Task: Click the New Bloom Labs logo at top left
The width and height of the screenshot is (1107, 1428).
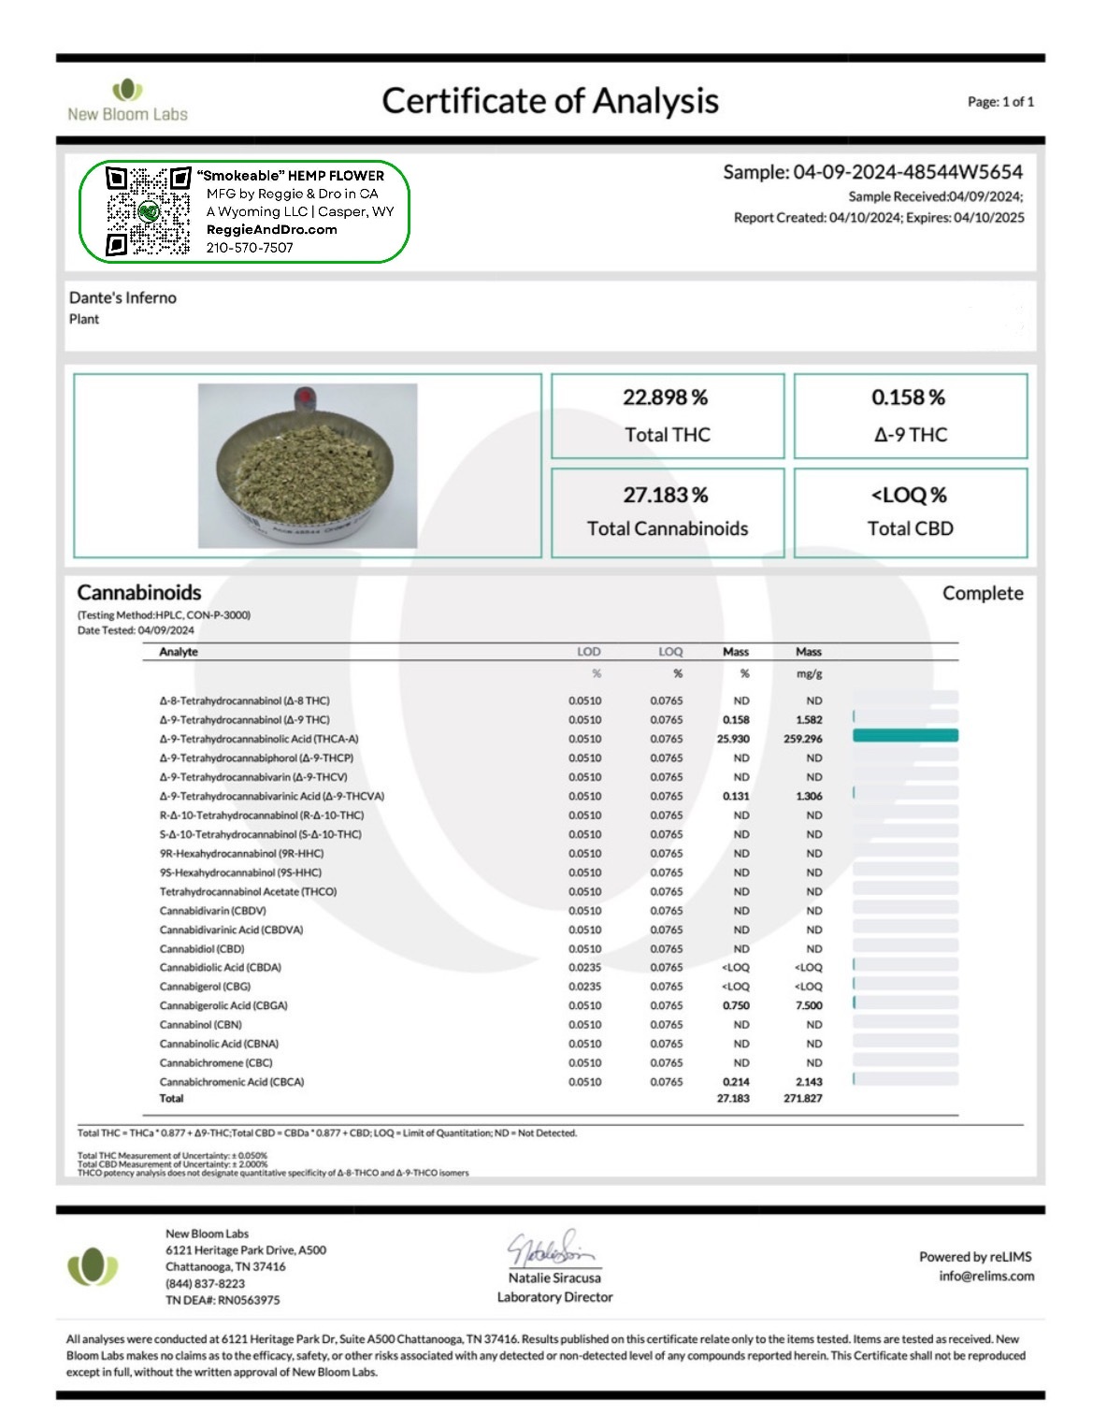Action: pyautogui.click(x=127, y=101)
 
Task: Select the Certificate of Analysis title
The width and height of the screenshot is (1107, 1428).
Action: pyautogui.click(x=550, y=101)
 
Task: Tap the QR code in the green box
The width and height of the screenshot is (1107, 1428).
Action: pyautogui.click(x=148, y=211)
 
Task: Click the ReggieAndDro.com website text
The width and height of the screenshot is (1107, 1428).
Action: pyautogui.click(x=271, y=230)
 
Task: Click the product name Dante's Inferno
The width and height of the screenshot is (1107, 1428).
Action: pyautogui.click(x=122, y=297)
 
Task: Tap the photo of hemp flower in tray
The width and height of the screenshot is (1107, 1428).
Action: pyautogui.click(x=308, y=465)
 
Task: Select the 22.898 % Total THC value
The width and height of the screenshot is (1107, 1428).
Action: pyautogui.click(x=666, y=397)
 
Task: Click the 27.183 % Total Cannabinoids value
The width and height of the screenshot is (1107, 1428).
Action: pyautogui.click(x=666, y=495)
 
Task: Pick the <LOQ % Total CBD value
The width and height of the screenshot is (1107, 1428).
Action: pyautogui.click(x=909, y=495)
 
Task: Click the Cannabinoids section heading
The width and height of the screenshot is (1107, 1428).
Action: pyautogui.click(x=139, y=593)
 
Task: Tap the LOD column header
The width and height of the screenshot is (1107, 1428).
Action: pyautogui.click(x=589, y=652)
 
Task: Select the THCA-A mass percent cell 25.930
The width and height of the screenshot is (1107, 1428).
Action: pyautogui.click(x=733, y=739)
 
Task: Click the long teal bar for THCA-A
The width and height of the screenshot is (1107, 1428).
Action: pyautogui.click(x=905, y=737)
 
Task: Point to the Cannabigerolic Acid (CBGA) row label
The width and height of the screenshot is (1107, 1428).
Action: pyautogui.click(x=223, y=1006)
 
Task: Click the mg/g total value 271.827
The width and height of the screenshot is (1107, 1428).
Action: pyautogui.click(x=802, y=1099)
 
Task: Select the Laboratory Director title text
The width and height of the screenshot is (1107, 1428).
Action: pyautogui.click(x=554, y=1297)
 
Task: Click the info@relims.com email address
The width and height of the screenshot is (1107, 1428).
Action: pyautogui.click(x=986, y=1277)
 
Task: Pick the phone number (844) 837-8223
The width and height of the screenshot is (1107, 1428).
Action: pyautogui.click(x=205, y=1283)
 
